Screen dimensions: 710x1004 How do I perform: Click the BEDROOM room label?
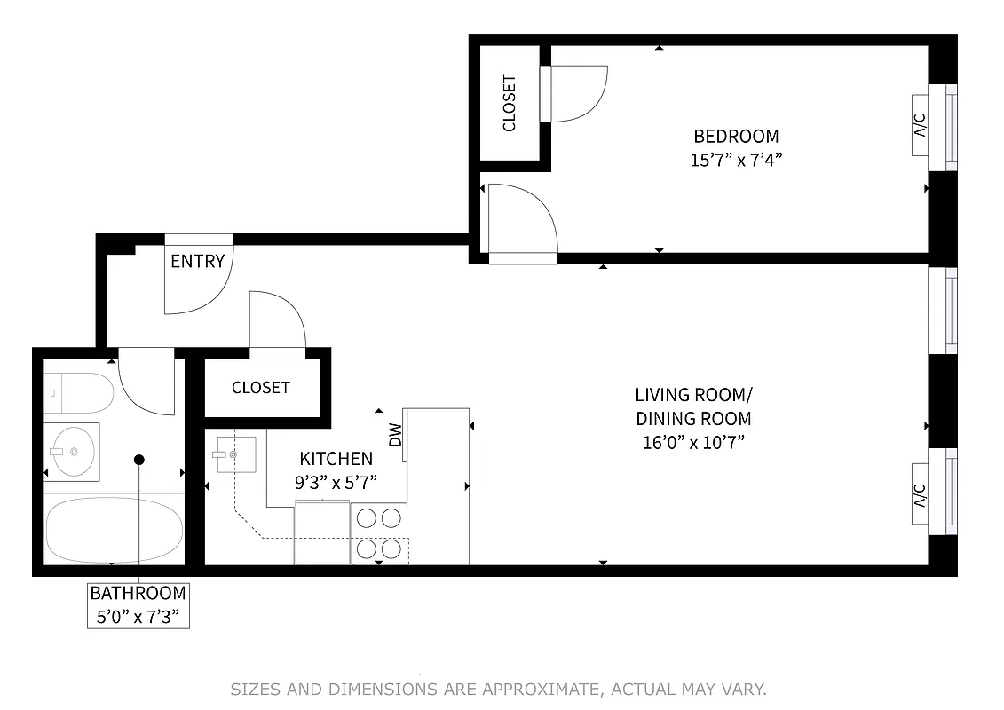pos(736,136)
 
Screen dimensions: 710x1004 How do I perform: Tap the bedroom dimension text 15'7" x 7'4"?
pos(736,160)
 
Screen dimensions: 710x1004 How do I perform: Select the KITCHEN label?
pos(336,459)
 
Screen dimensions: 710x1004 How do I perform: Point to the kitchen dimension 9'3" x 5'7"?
pos(336,482)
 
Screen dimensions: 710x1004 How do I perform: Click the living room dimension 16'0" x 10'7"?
pos(693,442)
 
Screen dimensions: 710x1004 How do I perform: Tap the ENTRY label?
pos(197,261)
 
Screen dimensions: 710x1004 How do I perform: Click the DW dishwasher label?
pos(396,435)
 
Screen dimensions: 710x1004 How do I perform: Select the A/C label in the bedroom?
pos(921,126)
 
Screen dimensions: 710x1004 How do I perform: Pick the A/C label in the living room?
pos(921,495)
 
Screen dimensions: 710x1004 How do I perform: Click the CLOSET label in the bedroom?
pos(510,103)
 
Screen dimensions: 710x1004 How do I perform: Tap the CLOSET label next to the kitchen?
pos(260,388)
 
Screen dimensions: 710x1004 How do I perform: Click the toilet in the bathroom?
pos(79,392)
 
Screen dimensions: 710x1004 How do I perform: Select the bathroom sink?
pos(72,451)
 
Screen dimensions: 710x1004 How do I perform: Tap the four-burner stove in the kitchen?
pos(379,532)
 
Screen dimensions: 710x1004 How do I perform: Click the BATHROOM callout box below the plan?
pos(138,604)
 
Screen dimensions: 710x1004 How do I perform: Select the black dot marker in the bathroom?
pos(139,460)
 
